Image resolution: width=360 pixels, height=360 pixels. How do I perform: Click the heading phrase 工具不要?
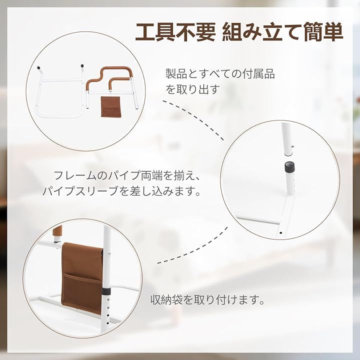click(x=175, y=32)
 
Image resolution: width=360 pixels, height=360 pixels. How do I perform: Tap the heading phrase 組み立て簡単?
click(x=283, y=32)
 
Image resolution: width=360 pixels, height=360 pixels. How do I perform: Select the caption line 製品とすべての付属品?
click(x=220, y=74)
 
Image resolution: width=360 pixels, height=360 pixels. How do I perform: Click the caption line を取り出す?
click(x=193, y=89)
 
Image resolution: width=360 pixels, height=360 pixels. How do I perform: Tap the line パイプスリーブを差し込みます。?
click(x=121, y=191)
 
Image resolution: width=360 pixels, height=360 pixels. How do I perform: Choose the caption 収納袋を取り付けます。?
click(x=208, y=299)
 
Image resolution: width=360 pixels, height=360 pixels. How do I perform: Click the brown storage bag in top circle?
click(x=110, y=106)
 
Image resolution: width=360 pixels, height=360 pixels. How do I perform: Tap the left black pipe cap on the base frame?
click(x=38, y=68)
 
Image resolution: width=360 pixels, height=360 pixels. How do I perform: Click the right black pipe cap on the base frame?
click(x=82, y=65)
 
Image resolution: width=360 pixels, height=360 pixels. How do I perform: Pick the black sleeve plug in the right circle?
click(x=289, y=165)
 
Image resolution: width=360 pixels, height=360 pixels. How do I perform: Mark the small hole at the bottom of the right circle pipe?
click(x=280, y=233)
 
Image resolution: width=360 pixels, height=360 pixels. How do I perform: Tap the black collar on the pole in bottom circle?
click(x=106, y=291)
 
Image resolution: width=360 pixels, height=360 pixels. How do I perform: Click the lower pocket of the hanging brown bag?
click(x=82, y=292)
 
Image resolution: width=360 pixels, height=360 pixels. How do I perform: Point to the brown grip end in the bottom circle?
click(x=57, y=232)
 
